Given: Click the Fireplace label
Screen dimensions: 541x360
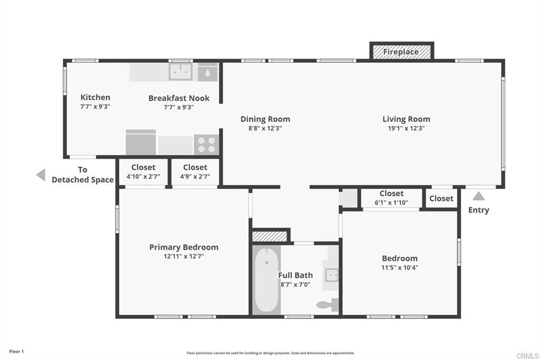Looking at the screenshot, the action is pos(401,52).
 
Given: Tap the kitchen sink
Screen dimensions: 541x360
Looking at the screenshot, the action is pos(181,72).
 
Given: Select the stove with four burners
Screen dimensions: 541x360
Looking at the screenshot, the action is pos(207,145).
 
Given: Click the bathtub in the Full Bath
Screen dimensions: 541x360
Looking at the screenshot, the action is pos(266,280).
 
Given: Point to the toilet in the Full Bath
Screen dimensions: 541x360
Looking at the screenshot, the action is pos(328,305).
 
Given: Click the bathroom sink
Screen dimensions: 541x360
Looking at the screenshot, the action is pos(332,275).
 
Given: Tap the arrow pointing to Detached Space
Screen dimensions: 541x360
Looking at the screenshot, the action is pos(41,175).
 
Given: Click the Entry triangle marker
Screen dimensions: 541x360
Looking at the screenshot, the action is pos(479,196).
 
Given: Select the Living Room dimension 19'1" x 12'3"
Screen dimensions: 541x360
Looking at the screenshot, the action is pos(406,128).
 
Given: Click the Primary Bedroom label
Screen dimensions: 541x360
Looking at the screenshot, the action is pos(183,247).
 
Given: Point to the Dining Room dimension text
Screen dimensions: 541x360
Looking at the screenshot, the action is pos(265,128).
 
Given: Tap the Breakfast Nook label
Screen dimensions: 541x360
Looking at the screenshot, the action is pos(179,98).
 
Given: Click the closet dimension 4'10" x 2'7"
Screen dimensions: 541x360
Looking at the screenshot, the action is pos(143,176).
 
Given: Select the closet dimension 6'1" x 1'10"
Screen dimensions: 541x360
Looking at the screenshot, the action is pos(391,202).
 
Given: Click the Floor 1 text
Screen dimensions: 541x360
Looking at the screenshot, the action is pos(16,352).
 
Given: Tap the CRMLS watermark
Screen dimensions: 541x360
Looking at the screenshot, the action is pos(527,356).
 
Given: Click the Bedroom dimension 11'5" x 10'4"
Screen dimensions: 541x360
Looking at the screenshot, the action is pos(399,268).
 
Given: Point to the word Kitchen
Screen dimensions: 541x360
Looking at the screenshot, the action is pos(95,97).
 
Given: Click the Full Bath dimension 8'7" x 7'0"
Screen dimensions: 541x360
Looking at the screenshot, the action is pos(295,285).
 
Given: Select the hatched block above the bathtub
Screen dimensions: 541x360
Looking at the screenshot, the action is pos(269,236).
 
